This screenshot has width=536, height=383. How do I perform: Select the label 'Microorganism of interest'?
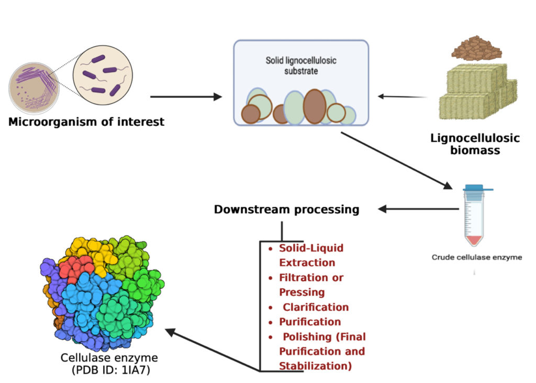[86, 122]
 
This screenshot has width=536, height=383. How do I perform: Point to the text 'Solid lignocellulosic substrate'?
[300, 65]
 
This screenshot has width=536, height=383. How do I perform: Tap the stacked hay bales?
[476, 92]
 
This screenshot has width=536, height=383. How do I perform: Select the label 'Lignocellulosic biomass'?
[475, 144]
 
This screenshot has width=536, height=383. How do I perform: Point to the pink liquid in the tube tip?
[473, 240]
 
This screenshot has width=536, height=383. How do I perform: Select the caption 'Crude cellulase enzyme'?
[476, 257]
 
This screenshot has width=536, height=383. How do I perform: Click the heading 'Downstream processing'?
[286, 210]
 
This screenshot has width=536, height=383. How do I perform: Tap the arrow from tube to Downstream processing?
[419, 209]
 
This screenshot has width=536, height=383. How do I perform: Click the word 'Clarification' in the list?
[316, 307]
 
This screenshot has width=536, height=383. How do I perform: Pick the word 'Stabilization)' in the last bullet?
[315, 366]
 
